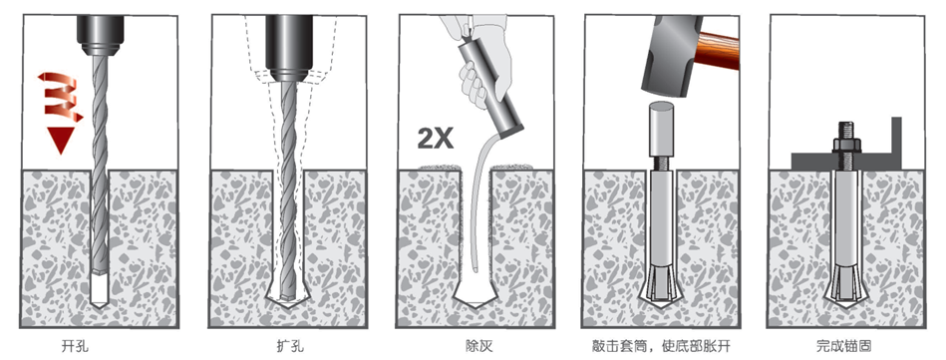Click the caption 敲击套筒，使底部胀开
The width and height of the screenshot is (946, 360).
tap(657, 346)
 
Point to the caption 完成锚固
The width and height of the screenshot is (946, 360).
tap(843, 346)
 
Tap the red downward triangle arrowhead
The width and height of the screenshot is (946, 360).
tap(63, 138)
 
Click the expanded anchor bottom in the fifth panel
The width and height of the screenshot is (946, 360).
tap(843, 285)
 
